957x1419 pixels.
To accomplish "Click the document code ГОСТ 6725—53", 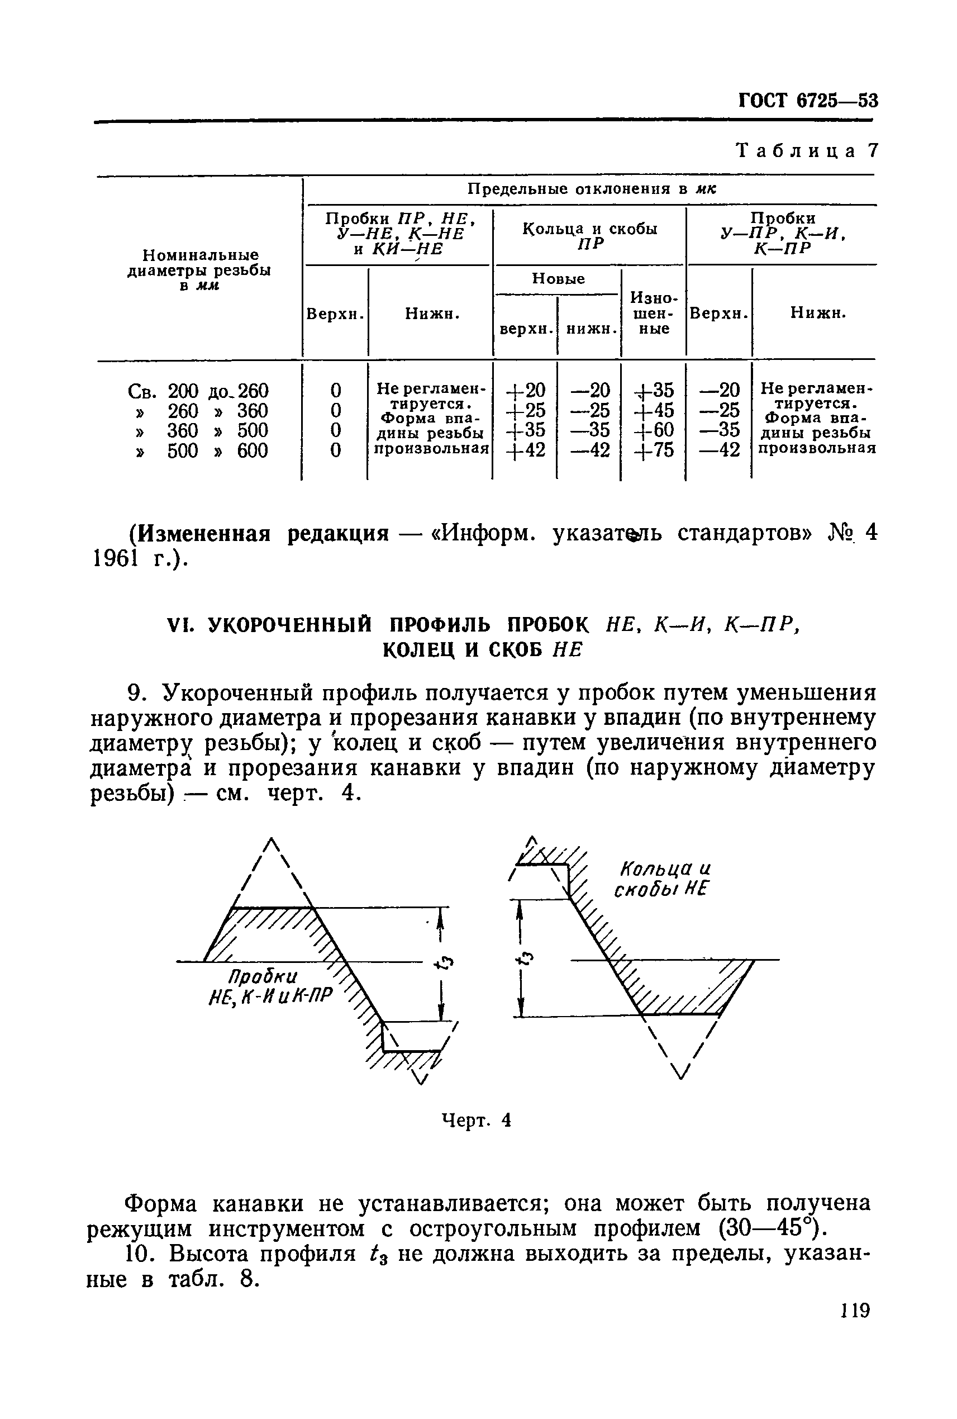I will pos(808,100).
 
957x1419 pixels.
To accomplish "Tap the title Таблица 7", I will pos(807,150).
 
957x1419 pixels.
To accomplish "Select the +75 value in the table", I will pos(654,450).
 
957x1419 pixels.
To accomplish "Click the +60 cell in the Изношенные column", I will pos(654,430).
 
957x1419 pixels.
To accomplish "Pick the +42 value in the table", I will pos(526,450).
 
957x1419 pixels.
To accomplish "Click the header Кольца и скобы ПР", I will pos(589,236).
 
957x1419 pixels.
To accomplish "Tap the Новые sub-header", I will pos(559,279).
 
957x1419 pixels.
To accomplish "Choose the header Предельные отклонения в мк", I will pos(591,189).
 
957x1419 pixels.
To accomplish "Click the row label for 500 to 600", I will pos(199,450).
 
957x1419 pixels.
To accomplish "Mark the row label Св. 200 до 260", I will pos(199,390).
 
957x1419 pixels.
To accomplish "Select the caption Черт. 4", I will pos(476,1120).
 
